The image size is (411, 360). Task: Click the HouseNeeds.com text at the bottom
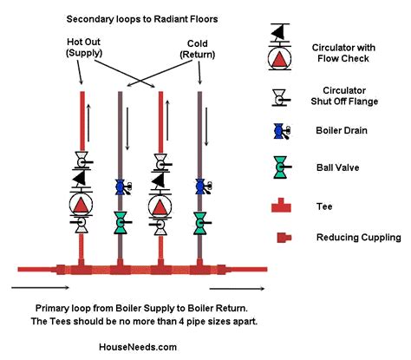138,347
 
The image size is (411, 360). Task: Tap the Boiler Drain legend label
342,130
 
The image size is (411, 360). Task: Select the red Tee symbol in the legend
281,206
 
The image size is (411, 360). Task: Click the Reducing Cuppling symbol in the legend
284,238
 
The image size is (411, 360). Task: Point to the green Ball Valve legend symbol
281,167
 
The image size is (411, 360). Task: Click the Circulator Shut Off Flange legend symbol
280,98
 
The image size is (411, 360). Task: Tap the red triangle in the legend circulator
279,60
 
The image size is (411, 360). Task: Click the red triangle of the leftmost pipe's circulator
81,205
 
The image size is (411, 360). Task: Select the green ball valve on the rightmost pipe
200,223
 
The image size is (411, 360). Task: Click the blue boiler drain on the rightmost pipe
201,187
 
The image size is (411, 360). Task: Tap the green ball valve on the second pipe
121,223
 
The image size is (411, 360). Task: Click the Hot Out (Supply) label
84,48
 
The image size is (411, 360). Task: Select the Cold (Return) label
198,49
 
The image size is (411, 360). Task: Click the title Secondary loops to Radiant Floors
142,19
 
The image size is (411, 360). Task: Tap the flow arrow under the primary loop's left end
41,287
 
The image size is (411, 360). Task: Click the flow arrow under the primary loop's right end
237,288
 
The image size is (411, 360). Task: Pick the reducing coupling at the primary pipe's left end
60,269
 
